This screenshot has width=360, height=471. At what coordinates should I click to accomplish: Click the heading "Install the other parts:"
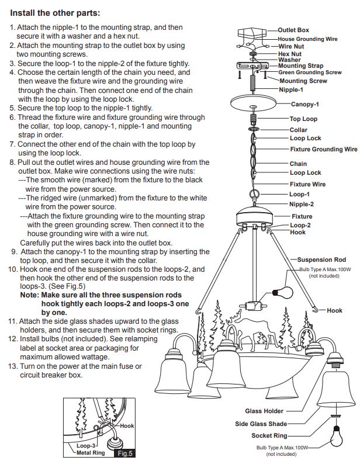coord(55,13)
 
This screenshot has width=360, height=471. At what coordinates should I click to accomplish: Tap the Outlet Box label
coord(293,30)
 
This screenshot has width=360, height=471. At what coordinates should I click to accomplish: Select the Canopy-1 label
coord(304,104)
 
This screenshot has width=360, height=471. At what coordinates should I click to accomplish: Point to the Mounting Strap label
coord(301,66)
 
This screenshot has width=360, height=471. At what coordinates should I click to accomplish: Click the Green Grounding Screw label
coord(310,72)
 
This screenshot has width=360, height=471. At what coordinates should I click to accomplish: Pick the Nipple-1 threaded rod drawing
coord(252,81)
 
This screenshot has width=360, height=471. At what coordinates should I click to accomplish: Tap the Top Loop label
coord(303,119)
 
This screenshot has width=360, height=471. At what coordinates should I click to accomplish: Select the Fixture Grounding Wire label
coord(324,149)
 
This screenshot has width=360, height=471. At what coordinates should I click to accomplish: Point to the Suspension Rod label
coord(321,259)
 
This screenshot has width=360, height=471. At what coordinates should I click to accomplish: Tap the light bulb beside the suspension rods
coord(283,292)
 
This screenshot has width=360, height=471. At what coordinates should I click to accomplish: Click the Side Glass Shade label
coord(261,424)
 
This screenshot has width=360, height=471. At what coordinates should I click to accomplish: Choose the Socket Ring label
coord(269,435)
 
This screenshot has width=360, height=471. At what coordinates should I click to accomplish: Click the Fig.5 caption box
coord(124,453)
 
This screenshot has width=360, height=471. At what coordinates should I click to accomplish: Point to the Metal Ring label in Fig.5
coord(91,453)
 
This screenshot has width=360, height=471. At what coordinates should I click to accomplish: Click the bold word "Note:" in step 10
coord(29,295)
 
